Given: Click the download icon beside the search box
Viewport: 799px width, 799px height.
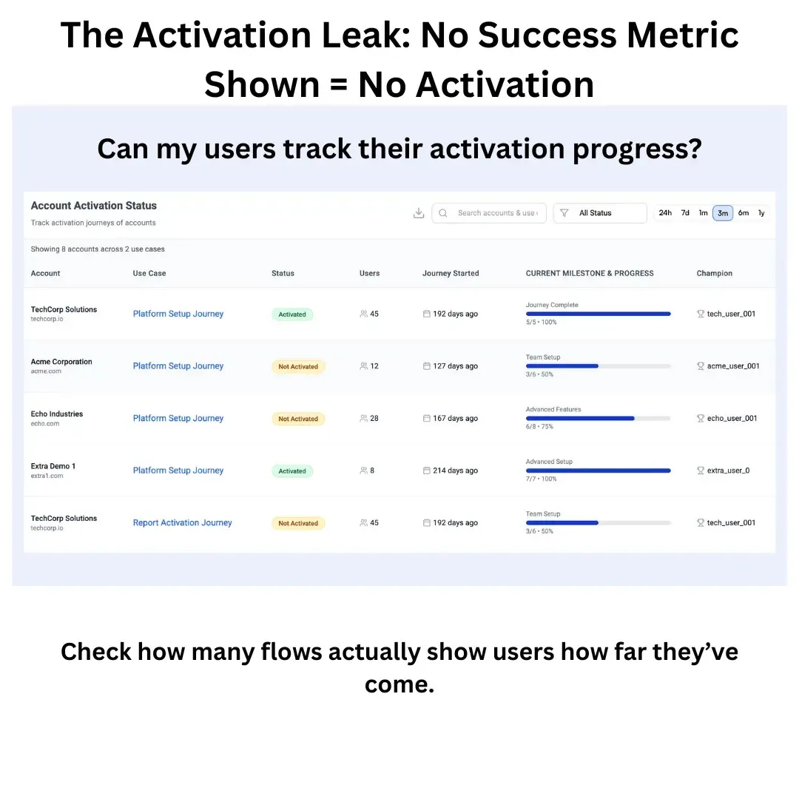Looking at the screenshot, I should (x=419, y=213).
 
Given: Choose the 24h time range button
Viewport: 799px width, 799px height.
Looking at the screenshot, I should (x=665, y=213).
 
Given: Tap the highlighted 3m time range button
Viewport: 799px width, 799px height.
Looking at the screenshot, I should (x=723, y=213).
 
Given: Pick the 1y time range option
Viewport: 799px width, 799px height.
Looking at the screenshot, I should (x=761, y=213).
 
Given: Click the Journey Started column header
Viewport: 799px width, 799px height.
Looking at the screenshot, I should (x=451, y=273).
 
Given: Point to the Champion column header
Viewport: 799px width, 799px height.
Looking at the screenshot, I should (x=714, y=273).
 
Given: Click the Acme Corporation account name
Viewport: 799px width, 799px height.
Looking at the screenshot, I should (x=61, y=362).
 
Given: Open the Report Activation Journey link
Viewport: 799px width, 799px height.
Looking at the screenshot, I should (x=182, y=522).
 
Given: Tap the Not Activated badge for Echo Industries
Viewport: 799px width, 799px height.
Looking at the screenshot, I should (x=298, y=419).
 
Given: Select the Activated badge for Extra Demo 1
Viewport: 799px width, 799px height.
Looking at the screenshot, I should (x=292, y=471).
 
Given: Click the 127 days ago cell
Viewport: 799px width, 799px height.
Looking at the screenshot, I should (x=455, y=366).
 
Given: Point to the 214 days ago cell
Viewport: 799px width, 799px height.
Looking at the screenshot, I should (x=455, y=471).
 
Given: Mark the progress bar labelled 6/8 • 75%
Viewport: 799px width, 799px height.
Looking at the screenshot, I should (x=598, y=418).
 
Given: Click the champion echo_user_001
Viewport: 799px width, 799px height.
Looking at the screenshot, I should (x=732, y=418).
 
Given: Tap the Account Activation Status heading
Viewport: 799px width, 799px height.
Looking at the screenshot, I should (x=94, y=206).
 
